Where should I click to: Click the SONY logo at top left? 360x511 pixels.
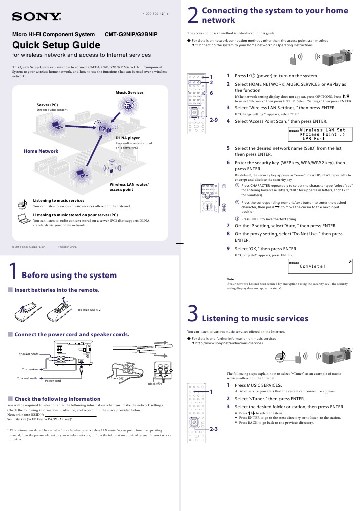coord(36,17)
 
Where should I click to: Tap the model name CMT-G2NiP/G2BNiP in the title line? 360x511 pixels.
coord(131,34)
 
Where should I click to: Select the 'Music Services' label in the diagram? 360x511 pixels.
coord(130,92)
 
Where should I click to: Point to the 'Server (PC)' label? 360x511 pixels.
coord(48,104)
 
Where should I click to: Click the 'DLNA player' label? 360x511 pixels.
coord(128,138)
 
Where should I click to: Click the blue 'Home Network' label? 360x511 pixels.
coord(41,151)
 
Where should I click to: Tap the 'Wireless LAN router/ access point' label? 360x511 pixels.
coord(129,186)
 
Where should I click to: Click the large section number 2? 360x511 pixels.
coord(192,15)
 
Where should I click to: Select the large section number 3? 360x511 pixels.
coord(192,314)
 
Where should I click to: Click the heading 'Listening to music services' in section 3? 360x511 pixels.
coord(255,319)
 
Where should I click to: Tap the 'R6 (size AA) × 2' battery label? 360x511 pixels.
coord(89,309)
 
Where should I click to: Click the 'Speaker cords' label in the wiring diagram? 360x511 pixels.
coord(29,353)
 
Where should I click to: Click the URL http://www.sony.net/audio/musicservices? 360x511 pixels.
coord(229,343)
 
